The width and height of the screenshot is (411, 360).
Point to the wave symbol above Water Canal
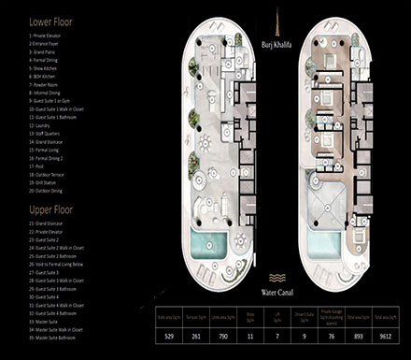(277, 278)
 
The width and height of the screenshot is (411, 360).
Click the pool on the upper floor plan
(323, 245)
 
